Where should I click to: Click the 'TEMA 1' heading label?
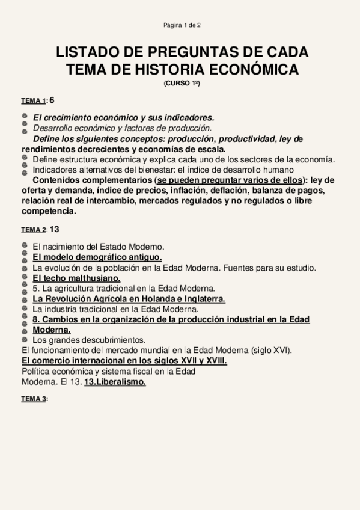click(x=34, y=100)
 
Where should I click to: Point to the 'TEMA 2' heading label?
click(x=34, y=230)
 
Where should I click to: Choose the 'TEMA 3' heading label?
click(x=34, y=399)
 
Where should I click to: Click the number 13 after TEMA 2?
click(x=55, y=229)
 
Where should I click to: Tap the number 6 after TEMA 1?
click(x=52, y=99)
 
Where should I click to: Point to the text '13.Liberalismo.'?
click(x=115, y=382)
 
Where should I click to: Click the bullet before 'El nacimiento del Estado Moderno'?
click(x=24, y=246)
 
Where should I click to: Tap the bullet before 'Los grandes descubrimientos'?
click(x=24, y=340)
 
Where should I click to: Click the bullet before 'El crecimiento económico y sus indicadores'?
click(x=24, y=117)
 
